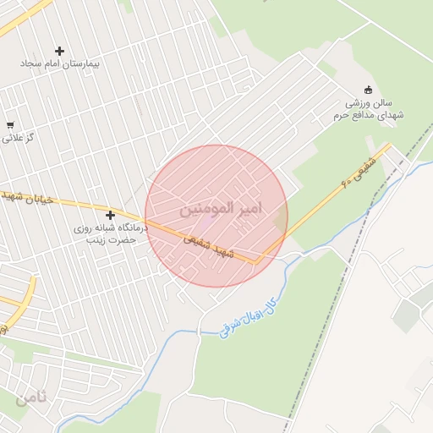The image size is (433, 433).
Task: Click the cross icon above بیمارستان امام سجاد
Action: click(59, 52)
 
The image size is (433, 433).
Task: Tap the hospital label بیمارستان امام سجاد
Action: click(60, 65)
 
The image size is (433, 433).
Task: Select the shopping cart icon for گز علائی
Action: click(10, 124)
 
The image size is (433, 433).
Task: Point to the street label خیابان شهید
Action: click(25, 196)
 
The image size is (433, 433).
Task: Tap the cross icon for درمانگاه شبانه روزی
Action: click(110, 216)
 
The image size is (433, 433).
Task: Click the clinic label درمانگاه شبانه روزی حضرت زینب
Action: click(110, 234)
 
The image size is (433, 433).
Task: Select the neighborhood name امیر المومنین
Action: click(221, 208)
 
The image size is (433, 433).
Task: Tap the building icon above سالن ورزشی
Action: click(367, 90)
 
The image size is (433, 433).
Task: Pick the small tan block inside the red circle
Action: click(280, 222)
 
